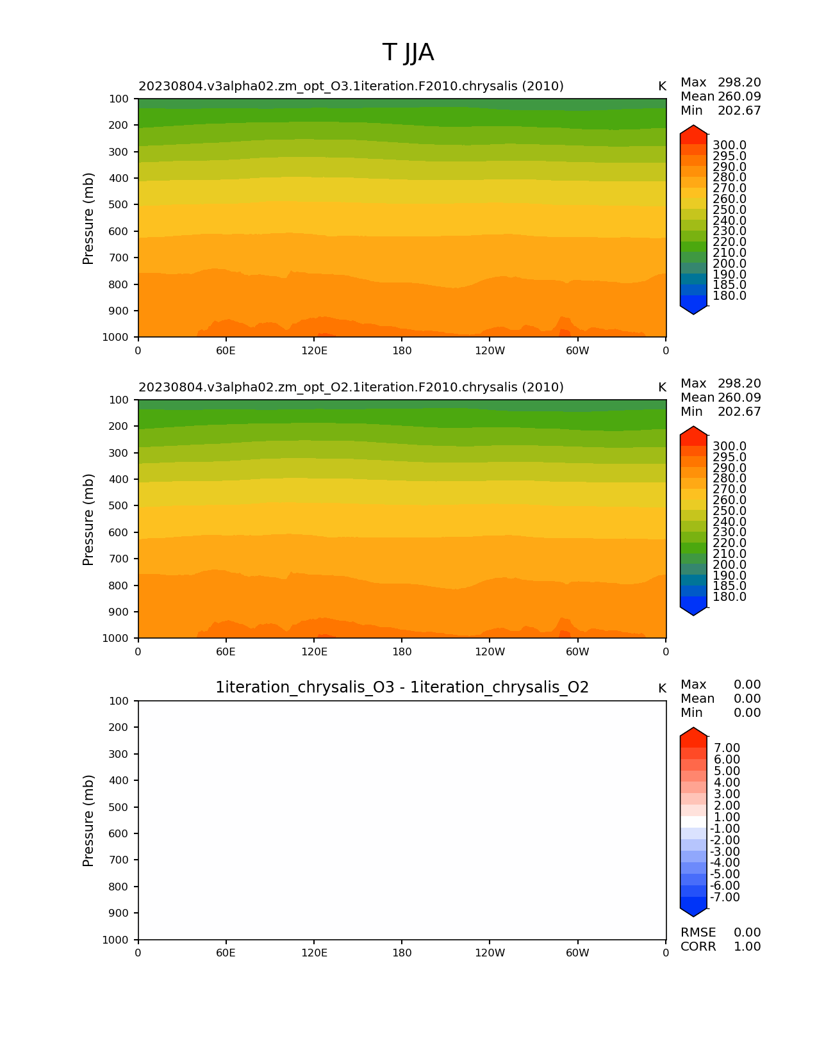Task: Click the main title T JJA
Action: (408, 53)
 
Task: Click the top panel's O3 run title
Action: (351, 86)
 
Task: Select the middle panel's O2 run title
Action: (351, 388)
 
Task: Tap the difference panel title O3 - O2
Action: (402, 687)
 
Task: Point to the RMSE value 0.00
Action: (747, 933)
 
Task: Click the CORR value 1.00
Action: (747, 947)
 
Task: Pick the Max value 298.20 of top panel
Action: (739, 83)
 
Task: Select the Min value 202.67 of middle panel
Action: (739, 412)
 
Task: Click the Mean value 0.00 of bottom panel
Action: (747, 699)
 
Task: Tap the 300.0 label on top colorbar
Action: (729, 145)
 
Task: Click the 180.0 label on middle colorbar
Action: (729, 597)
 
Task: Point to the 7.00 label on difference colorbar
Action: (727, 748)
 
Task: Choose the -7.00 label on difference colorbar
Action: (725, 897)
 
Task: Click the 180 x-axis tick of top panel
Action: (402, 351)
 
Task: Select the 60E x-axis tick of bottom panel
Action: (226, 953)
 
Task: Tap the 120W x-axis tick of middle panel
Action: (490, 652)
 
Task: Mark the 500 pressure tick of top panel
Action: (120, 205)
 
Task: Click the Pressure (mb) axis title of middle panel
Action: (88, 520)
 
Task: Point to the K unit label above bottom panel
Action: (662, 689)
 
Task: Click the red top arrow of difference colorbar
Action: (693, 737)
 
